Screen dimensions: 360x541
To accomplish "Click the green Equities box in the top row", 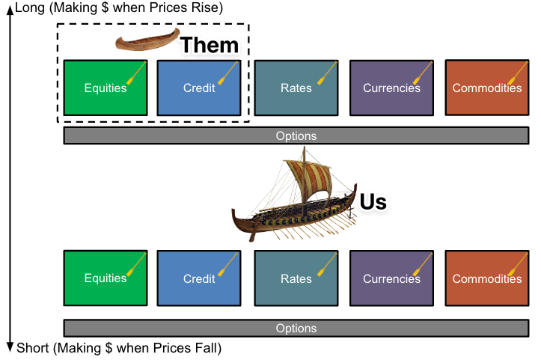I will pyautogui.click(x=106, y=88).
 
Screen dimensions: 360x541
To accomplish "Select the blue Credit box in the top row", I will pyautogui.click(x=199, y=88).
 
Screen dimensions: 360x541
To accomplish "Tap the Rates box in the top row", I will pyautogui.click(x=296, y=88).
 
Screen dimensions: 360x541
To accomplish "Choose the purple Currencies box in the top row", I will pyautogui.click(x=391, y=88).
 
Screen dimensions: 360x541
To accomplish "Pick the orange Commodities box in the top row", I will pyautogui.click(x=487, y=88).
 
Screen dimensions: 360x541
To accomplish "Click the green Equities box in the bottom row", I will pyautogui.click(x=106, y=278).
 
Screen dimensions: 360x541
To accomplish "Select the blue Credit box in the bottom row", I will pyautogui.click(x=199, y=278).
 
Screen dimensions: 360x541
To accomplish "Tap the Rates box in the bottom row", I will pyautogui.click(x=296, y=278).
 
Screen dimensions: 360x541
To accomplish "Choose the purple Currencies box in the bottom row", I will pyautogui.click(x=391, y=278).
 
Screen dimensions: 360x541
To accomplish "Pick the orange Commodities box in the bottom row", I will pyautogui.click(x=487, y=278).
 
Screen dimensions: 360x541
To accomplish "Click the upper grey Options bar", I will pyautogui.click(x=296, y=136).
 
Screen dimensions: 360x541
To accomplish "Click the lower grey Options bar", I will pyautogui.click(x=296, y=328).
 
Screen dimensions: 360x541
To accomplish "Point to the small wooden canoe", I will pyautogui.click(x=144, y=42).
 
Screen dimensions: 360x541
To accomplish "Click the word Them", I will pyautogui.click(x=210, y=45).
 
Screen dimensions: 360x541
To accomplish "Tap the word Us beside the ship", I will pyautogui.click(x=373, y=202).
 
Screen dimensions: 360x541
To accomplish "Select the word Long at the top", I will pyautogui.click(x=28, y=7).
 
